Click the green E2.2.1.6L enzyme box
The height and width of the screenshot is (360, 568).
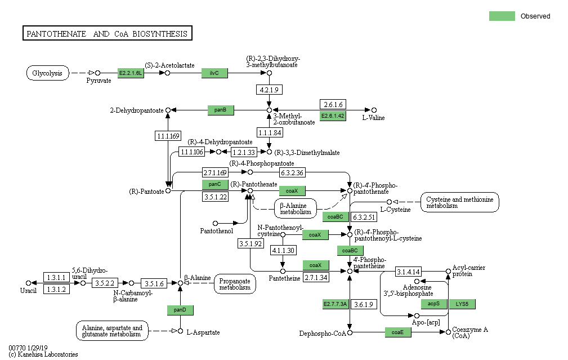(131, 73)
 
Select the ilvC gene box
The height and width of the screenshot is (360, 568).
(214, 73)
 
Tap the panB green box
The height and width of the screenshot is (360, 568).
(220, 110)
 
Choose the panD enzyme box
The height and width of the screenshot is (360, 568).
(180, 310)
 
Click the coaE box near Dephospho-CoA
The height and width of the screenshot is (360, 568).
(398, 332)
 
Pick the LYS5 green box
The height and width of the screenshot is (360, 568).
(462, 304)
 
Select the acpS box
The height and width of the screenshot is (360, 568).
(434, 304)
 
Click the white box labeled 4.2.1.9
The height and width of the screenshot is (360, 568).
(269, 90)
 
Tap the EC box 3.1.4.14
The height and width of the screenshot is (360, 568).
(408, 272)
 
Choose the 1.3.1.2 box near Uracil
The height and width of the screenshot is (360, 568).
(56, 289)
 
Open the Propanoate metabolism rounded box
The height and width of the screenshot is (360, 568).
(235, 283)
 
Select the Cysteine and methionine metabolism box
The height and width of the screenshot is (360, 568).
(460, 202)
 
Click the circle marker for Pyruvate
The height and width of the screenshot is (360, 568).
(97, 73)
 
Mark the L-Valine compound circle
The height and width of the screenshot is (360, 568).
(374, 110)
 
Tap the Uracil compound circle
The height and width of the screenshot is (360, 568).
(28, 283)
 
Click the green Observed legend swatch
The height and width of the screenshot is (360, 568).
(502, 16)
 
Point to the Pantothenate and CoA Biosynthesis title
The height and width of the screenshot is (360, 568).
(107, 34)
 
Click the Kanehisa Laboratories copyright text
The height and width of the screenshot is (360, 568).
(43, 354)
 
